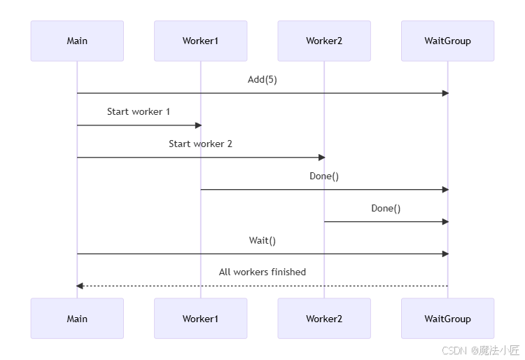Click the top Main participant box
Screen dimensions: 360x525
pos(77,41)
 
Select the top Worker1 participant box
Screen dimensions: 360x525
pos(200,41)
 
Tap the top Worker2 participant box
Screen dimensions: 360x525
pos(324,41)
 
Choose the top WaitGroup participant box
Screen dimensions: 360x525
pos(447,41)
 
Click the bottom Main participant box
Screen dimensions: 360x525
pos(77,319)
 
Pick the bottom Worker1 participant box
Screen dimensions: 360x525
pos(200,319)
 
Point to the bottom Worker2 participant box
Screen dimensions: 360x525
pos(324,319)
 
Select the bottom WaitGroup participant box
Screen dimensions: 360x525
pos(447,319)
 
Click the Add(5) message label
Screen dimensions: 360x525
pos(262,80)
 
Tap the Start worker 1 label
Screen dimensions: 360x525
pos(139,111)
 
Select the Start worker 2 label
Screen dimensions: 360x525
pos(200,144)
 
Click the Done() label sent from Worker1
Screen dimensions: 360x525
pos(324,176)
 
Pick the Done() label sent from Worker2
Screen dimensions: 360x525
pos(386,208)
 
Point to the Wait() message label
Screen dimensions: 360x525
pos(262,240)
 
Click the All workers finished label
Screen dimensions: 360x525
pos(262,272)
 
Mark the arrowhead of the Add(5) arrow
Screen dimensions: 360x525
pos(444,93)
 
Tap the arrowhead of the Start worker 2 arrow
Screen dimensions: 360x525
pos(321,158)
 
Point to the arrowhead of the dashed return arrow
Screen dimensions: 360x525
pos(80,286)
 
